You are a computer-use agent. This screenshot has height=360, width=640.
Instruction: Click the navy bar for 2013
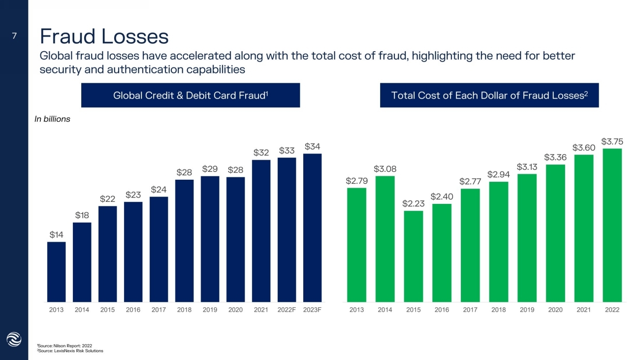[56, 271]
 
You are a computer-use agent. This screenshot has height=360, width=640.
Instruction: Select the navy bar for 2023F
[312, 228]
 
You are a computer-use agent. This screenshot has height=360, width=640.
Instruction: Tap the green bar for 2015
[413, 256]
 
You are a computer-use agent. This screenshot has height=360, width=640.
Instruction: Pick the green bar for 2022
[612, 225]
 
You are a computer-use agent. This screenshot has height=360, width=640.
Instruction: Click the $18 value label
[82, 215]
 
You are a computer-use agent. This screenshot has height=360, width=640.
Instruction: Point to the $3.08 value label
[385, 169]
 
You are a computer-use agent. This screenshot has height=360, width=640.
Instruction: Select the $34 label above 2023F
[312, 146]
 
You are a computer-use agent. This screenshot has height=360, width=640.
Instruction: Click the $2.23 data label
[413, 203]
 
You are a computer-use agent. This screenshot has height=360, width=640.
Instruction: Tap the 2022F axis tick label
[287, 310]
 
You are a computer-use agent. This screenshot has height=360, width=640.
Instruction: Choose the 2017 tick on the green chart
[470, 310]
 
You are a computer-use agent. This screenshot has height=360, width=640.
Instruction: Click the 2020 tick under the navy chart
[235, 310]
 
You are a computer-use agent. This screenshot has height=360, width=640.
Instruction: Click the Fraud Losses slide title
[104, 36]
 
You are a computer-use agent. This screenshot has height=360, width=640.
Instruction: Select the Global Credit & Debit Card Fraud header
[191, 96]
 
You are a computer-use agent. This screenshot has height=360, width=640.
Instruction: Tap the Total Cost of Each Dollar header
[489, 96]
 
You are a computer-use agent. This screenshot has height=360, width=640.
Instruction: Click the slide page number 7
[14, 35]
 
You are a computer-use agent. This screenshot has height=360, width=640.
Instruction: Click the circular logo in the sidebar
[14, 339]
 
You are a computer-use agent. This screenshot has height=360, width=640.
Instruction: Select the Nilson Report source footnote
[64, 346]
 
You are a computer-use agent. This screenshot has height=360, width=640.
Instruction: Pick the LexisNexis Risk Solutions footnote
[70, 351]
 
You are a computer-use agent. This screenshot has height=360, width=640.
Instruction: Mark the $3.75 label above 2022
[612, 141]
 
